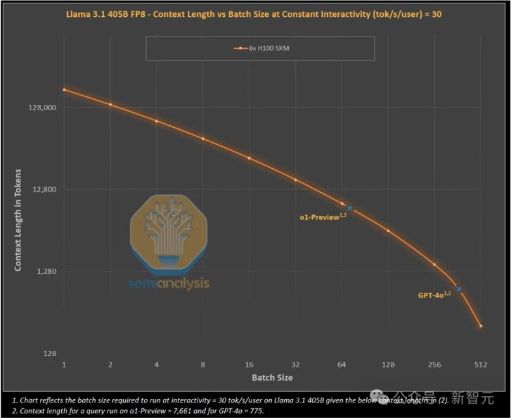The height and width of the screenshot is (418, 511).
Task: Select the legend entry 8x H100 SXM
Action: [259, 48]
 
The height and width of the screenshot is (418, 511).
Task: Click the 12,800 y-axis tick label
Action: [44, 190]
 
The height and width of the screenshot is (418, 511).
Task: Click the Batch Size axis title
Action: [272, 378]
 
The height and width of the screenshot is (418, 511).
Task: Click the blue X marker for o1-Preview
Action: [349, 208]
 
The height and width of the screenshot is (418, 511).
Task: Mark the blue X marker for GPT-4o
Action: [459, 288]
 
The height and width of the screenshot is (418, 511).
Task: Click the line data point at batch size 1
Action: [64, 89]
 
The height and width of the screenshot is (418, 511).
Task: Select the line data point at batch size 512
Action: [480, 326]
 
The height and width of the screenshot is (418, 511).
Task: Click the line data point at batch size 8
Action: [203, 138]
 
